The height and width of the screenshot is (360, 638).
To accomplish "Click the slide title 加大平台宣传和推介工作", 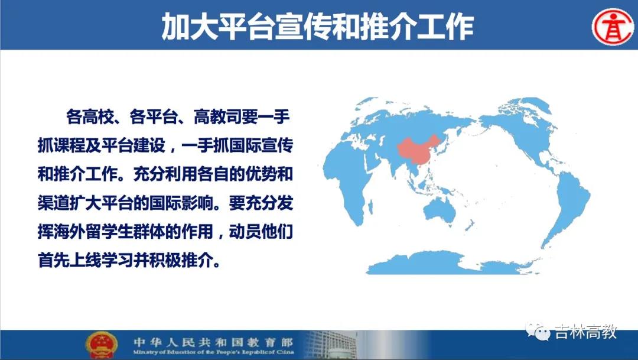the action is pyautogui.click(x=318, y=27).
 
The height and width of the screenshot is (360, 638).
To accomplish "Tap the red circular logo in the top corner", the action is pyautogui.click(x=613, y=27).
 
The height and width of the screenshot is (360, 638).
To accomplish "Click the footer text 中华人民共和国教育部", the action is pyautogui.click(x=213, y=342).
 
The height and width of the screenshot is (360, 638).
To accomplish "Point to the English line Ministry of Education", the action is pyautogui.click(x=213, y=352).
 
